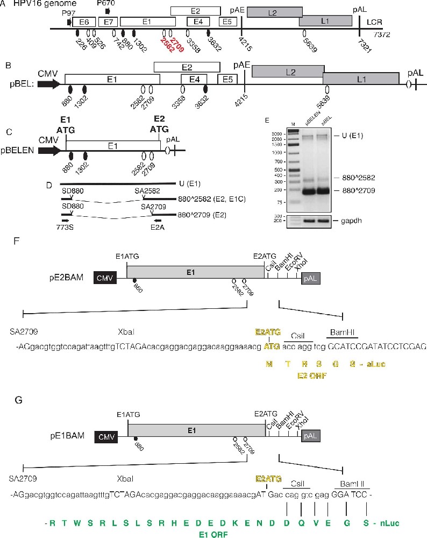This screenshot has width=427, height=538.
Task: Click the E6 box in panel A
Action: click(84, 22)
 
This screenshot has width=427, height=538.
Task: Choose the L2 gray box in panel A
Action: click(275, 13)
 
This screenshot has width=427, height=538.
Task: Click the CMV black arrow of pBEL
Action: click(48, 84)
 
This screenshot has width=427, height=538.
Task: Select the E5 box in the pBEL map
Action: click(227, 79)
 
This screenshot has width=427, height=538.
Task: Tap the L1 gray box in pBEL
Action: click(361, 79)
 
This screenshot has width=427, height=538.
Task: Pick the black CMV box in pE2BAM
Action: click(104, 277)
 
